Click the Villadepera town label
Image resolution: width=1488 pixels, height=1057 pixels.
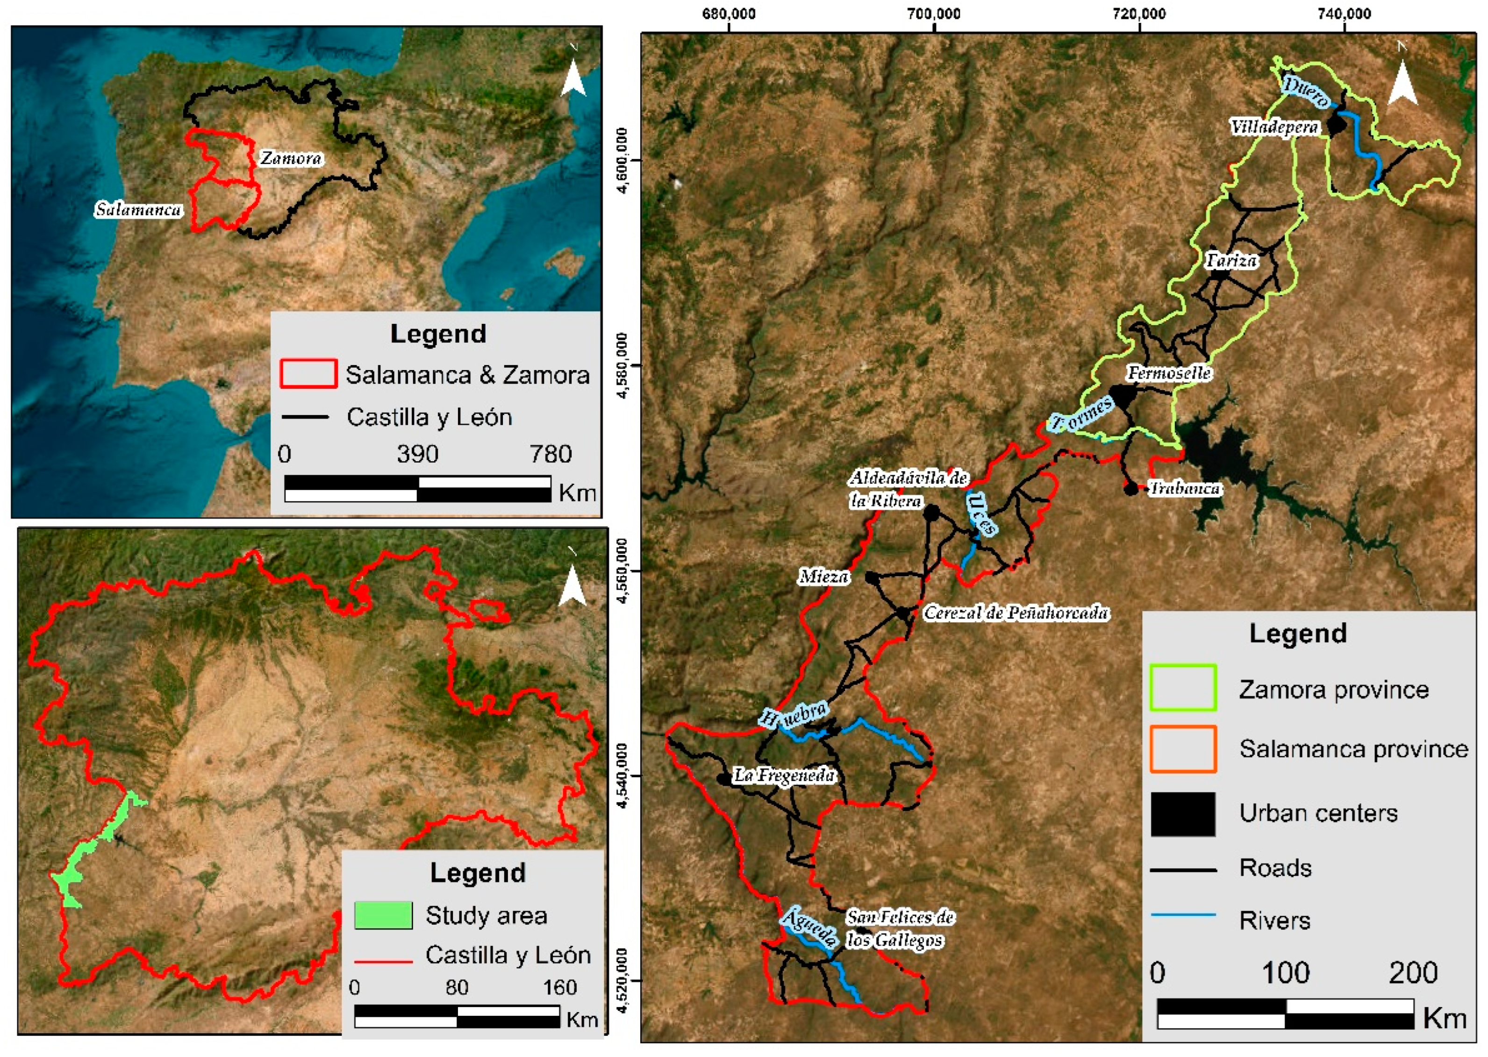[1274, 127]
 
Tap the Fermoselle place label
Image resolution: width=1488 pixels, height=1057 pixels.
[1169, 373]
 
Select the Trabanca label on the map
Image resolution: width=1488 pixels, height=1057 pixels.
[1184, 488]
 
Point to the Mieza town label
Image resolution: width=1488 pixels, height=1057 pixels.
[824, 577]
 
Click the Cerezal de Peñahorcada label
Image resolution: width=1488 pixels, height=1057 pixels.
[1016, 613]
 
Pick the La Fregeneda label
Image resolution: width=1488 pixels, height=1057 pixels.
[784, 775]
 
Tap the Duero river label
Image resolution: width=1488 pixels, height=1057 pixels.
[1305, 92]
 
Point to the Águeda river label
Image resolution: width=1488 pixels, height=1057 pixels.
[809, 927]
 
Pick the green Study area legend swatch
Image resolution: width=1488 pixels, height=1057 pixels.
[383, 914]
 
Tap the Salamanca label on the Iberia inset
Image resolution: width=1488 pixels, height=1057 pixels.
[138, 209]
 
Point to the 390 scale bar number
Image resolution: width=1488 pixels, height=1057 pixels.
[417, 454]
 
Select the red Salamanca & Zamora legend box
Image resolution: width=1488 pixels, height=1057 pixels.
[308, 374]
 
